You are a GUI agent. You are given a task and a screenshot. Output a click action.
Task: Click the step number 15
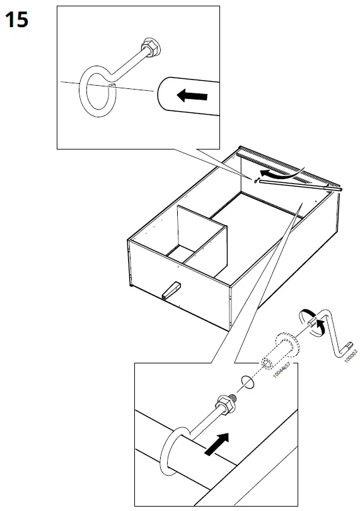click(x=17, y=20)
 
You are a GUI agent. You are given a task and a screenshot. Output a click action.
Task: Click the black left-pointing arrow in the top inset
click(x=191, y=95)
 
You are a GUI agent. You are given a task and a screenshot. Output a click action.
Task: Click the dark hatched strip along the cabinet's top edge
click(x=284, y=165)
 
